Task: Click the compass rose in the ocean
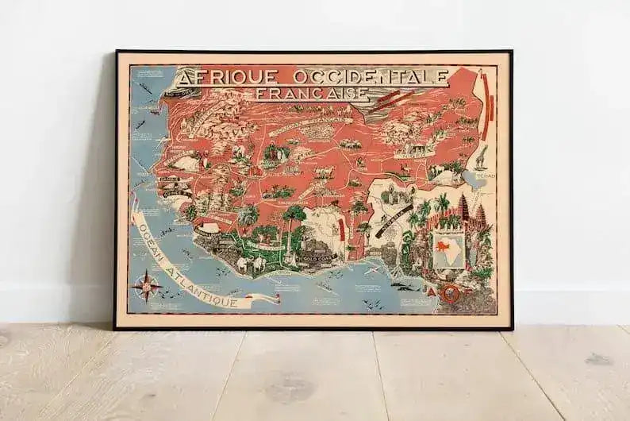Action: coord(148,284)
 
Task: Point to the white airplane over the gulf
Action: coord(370,270)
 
